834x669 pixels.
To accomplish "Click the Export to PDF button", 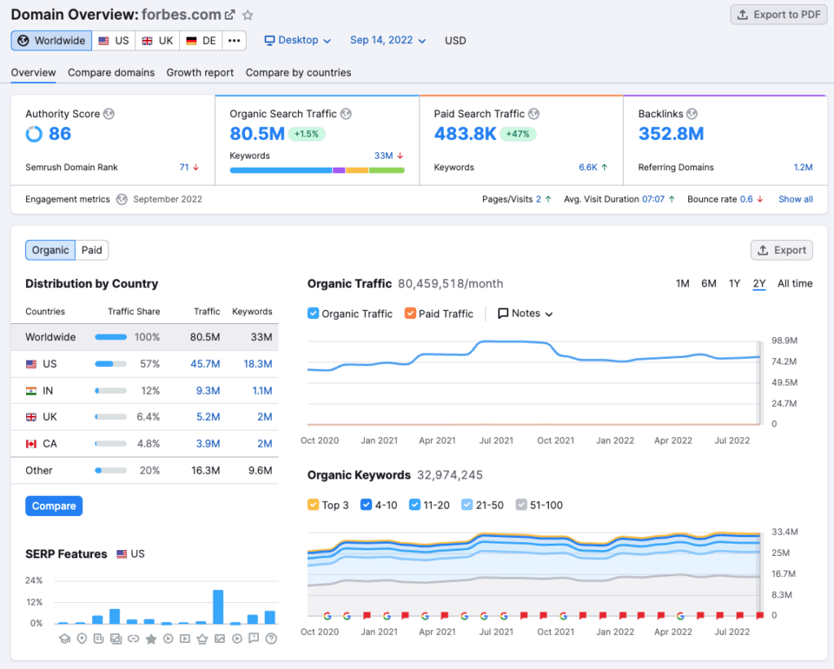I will point(778,15).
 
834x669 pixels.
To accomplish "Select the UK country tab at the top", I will point(158,41).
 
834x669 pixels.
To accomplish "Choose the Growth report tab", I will point(200,72).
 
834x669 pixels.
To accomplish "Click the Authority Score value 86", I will point(59,134).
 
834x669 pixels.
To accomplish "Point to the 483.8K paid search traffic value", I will point(465,134).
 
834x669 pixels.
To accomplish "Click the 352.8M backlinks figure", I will point(671,134).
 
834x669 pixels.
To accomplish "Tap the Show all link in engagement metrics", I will point(795,199).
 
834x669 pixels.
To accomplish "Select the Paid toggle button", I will point(92,250).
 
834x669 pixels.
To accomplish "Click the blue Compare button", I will point(54,506).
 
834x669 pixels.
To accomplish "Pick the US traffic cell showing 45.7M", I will point(208,364).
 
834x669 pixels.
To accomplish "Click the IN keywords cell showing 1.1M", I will point(261,391).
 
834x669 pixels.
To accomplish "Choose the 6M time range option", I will point(709,284).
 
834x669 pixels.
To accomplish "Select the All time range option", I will point(794,284).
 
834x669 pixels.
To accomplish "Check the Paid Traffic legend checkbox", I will point(410,314).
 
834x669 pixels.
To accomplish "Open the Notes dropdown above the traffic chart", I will point(525,314).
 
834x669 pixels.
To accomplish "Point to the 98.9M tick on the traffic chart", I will point(784,340).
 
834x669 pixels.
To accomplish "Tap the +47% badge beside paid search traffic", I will point(518,134).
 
